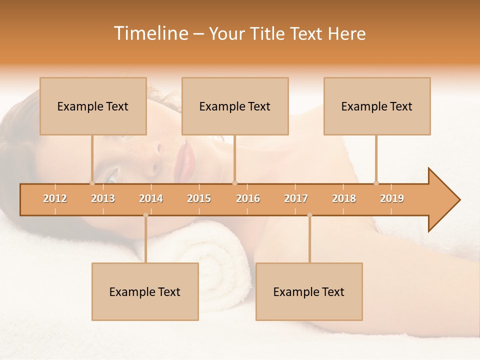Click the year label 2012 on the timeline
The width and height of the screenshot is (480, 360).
pyautogui.click(x=55, y=198)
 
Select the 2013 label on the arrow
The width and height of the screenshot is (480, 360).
pyautogui.click(x=103, y=198)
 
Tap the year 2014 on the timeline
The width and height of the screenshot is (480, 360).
pyautogui.click(x=151, y=198)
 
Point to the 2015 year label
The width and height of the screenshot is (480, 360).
pyautogui.click(x=199, y=198)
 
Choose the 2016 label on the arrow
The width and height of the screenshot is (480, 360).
pyautogui.click(x=248, y=198)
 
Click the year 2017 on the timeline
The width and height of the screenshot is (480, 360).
pyautogui.click(x=296, y=198)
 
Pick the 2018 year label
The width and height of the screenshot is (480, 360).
pyautogui.click(x=344, y=198)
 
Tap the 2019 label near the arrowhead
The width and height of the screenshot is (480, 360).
pyautogui.click(x=392, y=198)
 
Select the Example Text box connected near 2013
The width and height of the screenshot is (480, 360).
pyautogui.click(x=93, y=106)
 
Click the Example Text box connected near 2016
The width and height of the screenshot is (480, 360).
pyautogui.click(x=235, y=106)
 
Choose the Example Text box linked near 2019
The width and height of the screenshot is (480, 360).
pyautogui.click(x=377, y=106)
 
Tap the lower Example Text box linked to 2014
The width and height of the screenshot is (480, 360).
pyautogui.click(x=145, y=291)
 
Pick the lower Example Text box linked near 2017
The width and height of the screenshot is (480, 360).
pyautogui.click(x=309, y=291)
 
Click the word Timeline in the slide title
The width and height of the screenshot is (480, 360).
pyautogui.click(x=149, y=33)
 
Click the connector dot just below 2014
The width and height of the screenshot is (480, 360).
pyautogui.click(x=145, y=215)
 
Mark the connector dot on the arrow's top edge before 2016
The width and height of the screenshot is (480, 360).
pyautogui.click(x=235, y=183)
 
